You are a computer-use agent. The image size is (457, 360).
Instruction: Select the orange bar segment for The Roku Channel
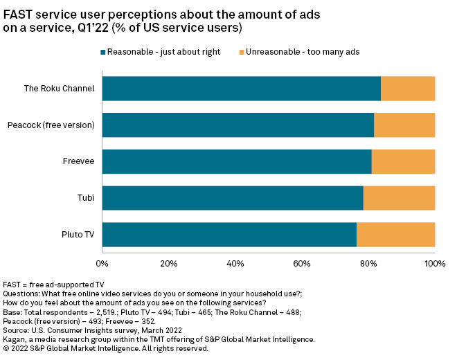click(x=408, y=89)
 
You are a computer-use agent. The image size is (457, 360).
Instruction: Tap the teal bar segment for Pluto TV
click(x=229, y=235)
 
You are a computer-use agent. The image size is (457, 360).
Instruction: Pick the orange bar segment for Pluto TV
click(x=395, y=235)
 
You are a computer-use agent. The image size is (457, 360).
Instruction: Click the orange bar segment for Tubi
click(x=399, y=198)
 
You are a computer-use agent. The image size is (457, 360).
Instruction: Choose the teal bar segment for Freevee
click(x=237, y=161)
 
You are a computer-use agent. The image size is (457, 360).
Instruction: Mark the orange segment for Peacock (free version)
click(x=404, y=125)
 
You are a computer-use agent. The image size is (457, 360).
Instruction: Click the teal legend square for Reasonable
click(x=103, y=52)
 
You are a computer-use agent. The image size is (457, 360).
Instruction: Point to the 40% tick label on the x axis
click(x=235, y=264)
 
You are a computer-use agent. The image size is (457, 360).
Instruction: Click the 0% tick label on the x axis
click(x=102, y=264)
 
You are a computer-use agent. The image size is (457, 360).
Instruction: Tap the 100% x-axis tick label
click(x=435, y=264)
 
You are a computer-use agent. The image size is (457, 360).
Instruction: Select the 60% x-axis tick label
click(x=302, y=264)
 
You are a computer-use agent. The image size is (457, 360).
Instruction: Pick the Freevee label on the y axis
click(x=78, y=161)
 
